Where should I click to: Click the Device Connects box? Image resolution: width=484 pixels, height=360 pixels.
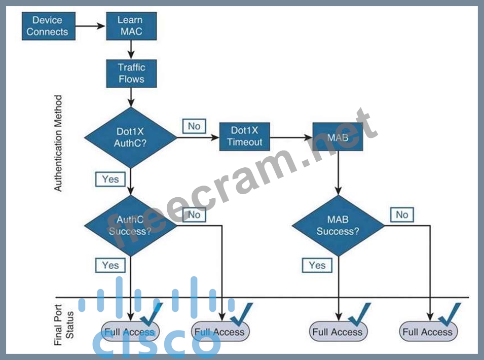point(47,26)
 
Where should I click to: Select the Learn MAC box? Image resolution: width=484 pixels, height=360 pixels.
point(131,26)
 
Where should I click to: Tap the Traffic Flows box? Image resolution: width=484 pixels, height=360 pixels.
point(131,73)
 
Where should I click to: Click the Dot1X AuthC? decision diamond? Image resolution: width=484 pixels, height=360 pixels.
point(131,137)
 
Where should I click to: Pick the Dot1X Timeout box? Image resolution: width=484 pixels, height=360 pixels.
point(245,136)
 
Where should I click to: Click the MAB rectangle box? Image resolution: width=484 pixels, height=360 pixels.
point(338,137)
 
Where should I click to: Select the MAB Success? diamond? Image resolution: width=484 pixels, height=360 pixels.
point(338,225)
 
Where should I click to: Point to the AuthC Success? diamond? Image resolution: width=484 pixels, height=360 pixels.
point(130,225)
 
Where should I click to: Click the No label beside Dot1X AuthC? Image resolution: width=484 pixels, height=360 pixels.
point(194,126)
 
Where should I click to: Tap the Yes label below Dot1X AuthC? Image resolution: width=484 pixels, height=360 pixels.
point(110,179)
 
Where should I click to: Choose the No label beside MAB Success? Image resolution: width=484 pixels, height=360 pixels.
point(402,214)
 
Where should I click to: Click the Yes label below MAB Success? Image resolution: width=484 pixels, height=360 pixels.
point(317,265)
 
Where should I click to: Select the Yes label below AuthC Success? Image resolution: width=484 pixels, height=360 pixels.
point(110,265)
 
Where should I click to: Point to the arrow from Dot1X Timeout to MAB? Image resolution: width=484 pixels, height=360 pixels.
point(291,136)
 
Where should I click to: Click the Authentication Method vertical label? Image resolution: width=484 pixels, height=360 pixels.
point(58,143)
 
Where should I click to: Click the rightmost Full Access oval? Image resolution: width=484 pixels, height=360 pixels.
point(428,332)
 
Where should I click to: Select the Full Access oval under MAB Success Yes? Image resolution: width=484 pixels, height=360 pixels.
point(338,332)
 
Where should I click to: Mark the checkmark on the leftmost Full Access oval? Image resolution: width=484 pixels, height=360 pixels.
point(151,315)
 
